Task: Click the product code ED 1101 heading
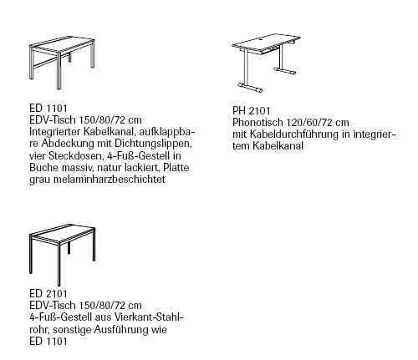point(48,108)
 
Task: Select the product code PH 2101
point(252,111)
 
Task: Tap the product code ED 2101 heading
point(48,293)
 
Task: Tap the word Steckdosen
point(76,155)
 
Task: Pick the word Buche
point(43,168)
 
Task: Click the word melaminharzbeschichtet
point(109,180)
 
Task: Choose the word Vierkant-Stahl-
point(149,317)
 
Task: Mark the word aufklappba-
point(166,132)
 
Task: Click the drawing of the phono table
point(267,63)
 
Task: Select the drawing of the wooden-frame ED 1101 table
point(62,64)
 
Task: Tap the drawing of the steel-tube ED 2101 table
point(62,255)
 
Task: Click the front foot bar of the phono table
point(250,87)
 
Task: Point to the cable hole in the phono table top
point(262,39)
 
